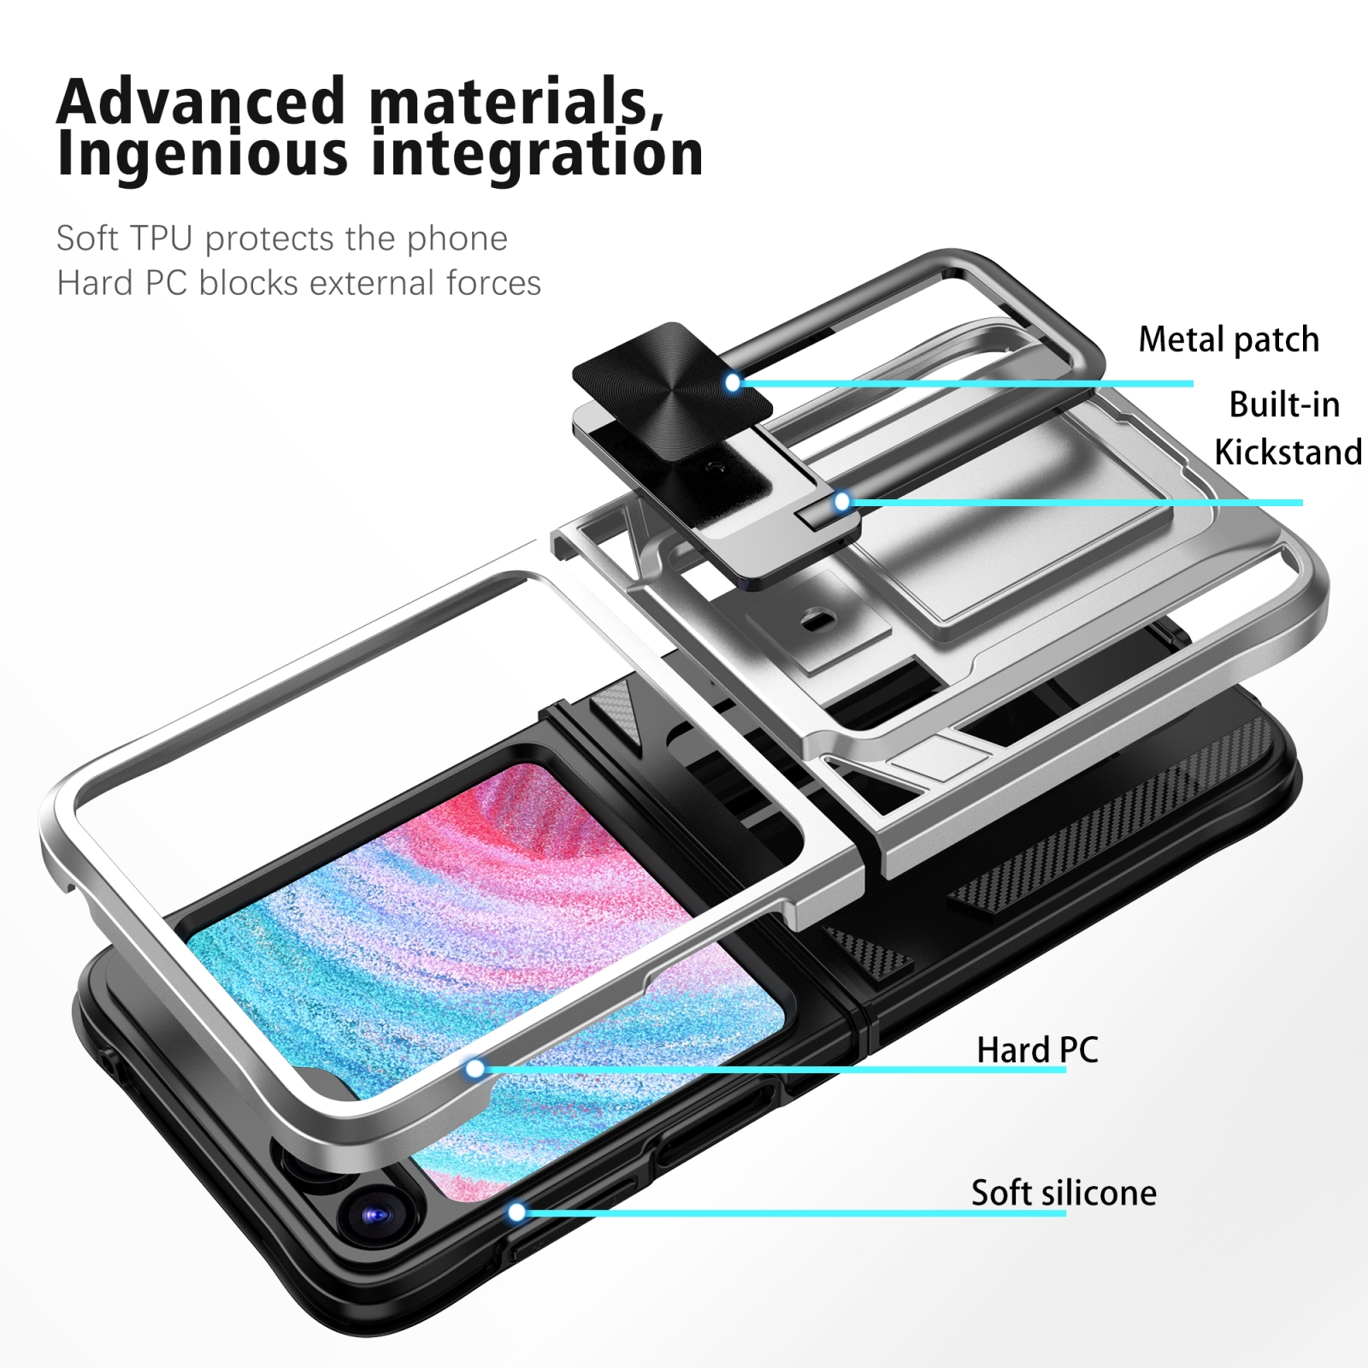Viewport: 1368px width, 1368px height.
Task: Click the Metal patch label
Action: point(1229,339)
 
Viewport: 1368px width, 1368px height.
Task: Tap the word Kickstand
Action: point(1288,452)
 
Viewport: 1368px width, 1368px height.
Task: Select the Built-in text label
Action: point(1284,404)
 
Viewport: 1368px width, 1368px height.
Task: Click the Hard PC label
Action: point(1037,1050)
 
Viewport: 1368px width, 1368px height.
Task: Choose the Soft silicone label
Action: point(1064,1192)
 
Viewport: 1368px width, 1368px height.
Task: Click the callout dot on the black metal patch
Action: point(733,382)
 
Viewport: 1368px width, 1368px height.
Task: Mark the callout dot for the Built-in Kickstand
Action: point(842,502)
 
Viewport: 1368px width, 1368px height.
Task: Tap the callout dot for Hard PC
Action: point(475,1068)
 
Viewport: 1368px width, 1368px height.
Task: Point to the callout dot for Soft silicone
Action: point(516,1212)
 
